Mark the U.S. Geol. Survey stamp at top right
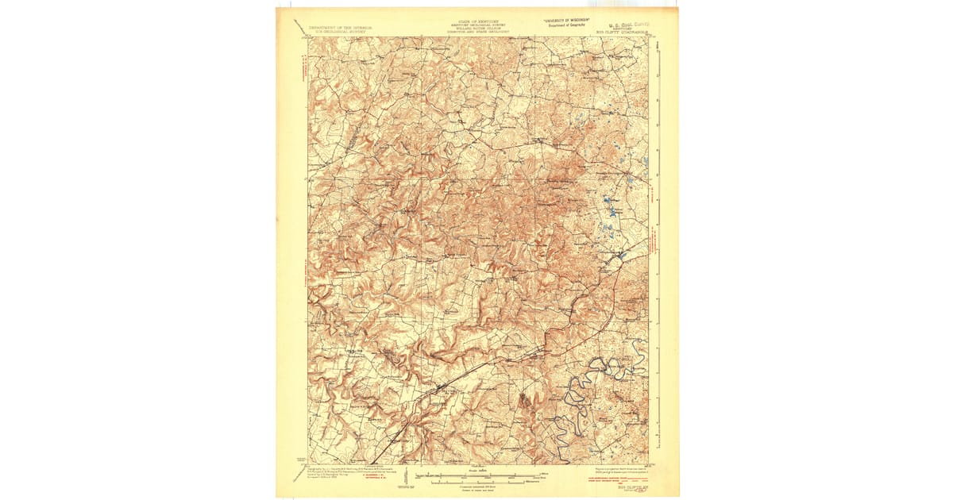pos(628,24)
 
